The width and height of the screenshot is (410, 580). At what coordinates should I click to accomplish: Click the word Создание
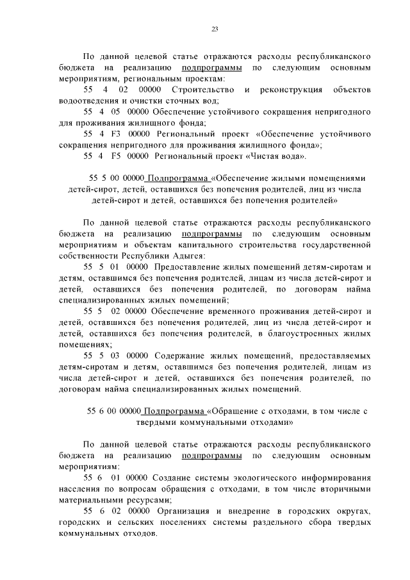point(168,477)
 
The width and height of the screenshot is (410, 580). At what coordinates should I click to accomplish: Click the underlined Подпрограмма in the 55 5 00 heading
point(179,178)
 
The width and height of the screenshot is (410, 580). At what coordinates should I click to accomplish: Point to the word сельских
point(133,522)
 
